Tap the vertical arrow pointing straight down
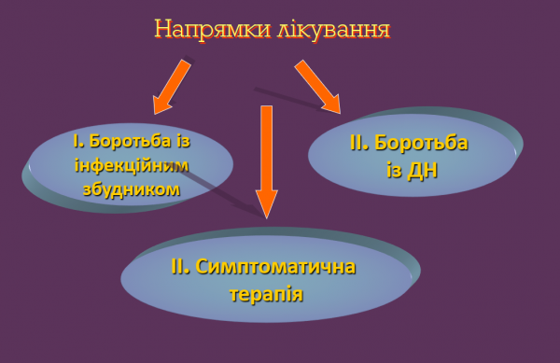(266, 159)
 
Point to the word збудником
(131, 188)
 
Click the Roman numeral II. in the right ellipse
(359, 144)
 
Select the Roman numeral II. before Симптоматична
(181, 267)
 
